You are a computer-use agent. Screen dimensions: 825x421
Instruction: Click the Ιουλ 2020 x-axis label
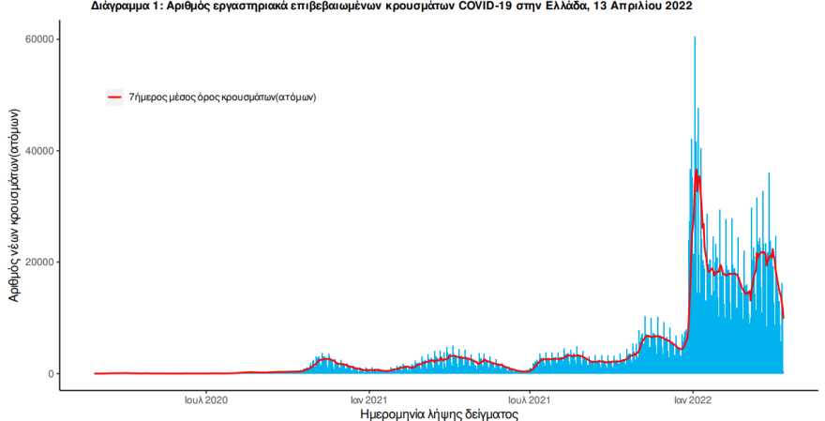click(x=205, y=400)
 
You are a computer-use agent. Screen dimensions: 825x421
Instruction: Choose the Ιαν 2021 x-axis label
click(x=369, y=400)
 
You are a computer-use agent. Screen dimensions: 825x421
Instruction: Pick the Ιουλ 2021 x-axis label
click(x=530, y=400)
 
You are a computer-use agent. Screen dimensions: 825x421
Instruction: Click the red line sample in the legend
click(x=114, y=98)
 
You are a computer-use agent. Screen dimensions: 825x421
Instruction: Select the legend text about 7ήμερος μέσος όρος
click(x=222, y=98)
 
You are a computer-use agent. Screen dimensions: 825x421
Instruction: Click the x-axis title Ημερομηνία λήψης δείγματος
click(x=440, y=414)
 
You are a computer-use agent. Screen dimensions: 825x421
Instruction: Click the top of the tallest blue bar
click(x=695, y=37)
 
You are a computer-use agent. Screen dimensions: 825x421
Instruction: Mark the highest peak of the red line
click(x=696, y=170)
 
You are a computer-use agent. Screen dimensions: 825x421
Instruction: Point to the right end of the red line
click(x=784, y=318)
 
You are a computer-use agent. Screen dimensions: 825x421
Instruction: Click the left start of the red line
click(x=95, y=373)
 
